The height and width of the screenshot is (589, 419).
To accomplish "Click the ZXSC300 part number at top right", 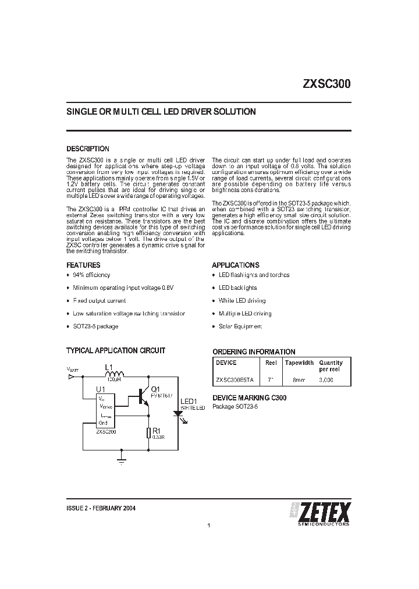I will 326,83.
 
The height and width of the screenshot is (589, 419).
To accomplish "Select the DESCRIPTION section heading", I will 88,149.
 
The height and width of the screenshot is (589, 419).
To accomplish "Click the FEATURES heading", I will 83,265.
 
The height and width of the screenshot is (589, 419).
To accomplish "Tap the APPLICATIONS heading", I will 235,265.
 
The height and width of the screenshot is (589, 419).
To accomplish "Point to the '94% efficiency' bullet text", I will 91,275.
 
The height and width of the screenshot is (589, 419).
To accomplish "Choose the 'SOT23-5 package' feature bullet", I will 95,327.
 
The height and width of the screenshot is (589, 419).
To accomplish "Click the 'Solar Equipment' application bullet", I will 240,327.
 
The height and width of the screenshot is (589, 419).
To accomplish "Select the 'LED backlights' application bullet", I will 237,288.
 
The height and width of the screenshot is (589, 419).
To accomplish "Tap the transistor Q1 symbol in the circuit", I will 143,396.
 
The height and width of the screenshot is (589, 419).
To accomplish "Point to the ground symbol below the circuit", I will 121,462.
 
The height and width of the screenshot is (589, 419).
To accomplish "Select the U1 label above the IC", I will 101,389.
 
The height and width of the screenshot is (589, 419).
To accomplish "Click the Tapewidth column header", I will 299,363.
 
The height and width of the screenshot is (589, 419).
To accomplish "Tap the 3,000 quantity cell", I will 326,379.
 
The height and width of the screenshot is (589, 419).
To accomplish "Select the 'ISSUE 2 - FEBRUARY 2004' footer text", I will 102,508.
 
